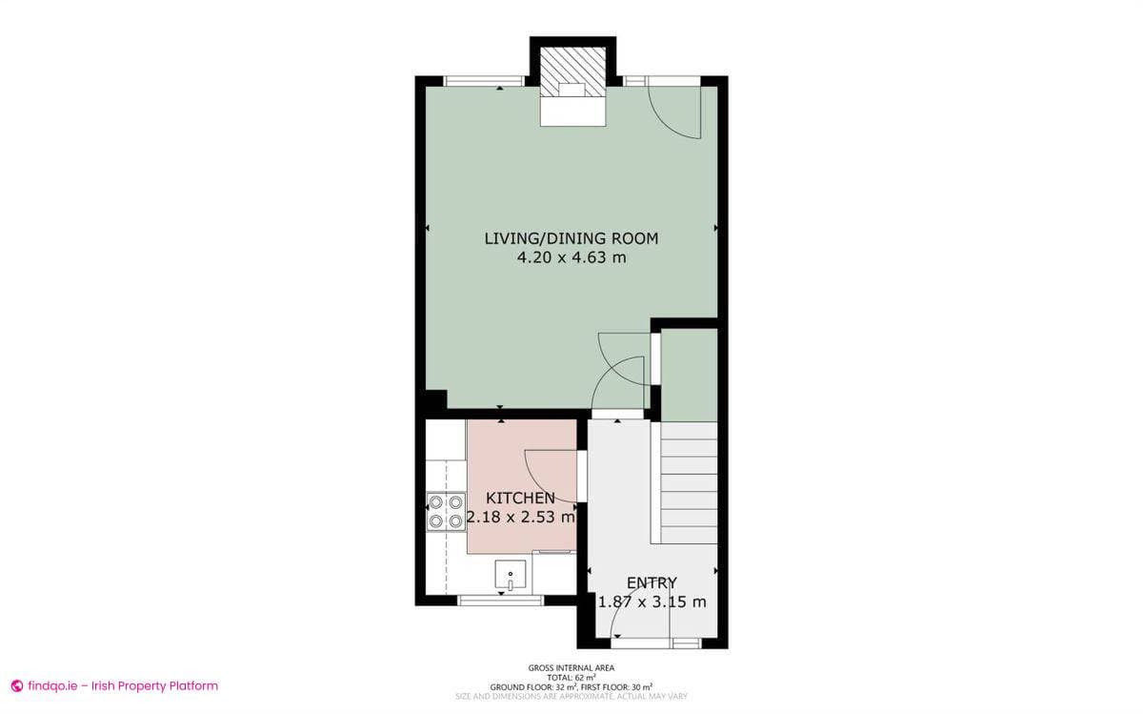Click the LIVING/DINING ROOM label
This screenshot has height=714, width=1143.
571,238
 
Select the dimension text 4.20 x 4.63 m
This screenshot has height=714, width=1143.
571,258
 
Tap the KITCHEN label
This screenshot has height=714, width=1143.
520,499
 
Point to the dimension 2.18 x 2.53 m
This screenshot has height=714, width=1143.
521,518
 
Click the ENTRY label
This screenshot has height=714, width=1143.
652,582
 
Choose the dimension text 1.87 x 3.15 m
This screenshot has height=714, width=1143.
652,602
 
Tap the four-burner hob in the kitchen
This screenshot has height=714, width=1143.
446,511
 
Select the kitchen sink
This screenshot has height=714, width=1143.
511,576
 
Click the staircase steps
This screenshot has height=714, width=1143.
689,481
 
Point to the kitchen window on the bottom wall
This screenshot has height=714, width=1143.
501,601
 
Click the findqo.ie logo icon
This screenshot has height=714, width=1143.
16,685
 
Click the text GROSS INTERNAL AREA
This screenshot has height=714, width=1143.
571,668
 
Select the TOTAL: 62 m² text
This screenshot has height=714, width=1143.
571,677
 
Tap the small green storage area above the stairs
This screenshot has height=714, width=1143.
689,374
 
